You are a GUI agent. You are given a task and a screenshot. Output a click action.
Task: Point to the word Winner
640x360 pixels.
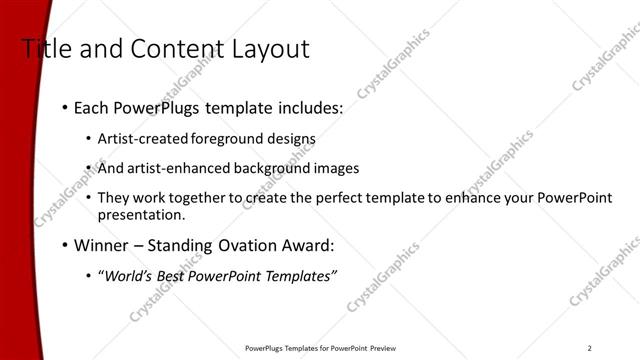[102, 244]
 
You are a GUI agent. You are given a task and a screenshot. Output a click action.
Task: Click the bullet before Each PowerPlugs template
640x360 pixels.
[66, 106]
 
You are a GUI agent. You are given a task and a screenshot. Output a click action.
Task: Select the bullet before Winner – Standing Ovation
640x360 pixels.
[66, 244]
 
